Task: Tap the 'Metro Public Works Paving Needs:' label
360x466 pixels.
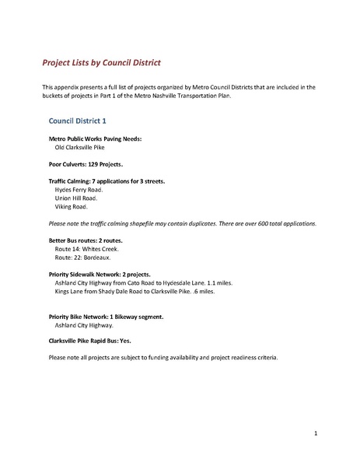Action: pyautogui.click(x=95, y=138)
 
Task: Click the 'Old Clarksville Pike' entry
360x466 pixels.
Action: pyautogui.click(x=82, y=146)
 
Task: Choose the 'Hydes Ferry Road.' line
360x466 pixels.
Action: pyautogui.click(x=79, y=189)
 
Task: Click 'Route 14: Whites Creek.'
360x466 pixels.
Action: pyautogui.click(x=86, y=249)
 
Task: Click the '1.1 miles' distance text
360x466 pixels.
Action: pyautogui.click(x=218, y=283)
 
